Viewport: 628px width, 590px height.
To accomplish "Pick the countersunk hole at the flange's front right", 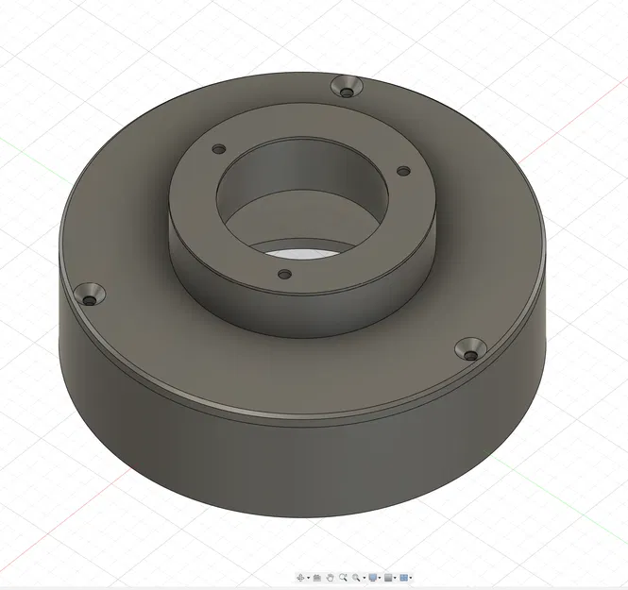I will [471, 351].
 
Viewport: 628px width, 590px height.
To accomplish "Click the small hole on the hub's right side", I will [402, 171].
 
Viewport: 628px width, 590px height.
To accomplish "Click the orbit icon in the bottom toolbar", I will [301, 577].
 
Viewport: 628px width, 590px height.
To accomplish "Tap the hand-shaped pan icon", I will [331, 577].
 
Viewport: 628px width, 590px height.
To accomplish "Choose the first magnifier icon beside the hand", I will [344, 577].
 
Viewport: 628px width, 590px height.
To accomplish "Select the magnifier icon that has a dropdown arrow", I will [356, 577].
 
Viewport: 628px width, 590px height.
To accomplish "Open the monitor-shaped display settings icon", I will [373, 577].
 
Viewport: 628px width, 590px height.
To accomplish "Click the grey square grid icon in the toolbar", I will [388, 577].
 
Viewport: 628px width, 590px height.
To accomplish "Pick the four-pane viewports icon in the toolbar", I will [403, 577].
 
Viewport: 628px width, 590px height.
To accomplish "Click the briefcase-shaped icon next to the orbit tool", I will [317, 577].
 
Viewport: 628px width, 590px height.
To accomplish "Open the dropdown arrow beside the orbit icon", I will [309, 578].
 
